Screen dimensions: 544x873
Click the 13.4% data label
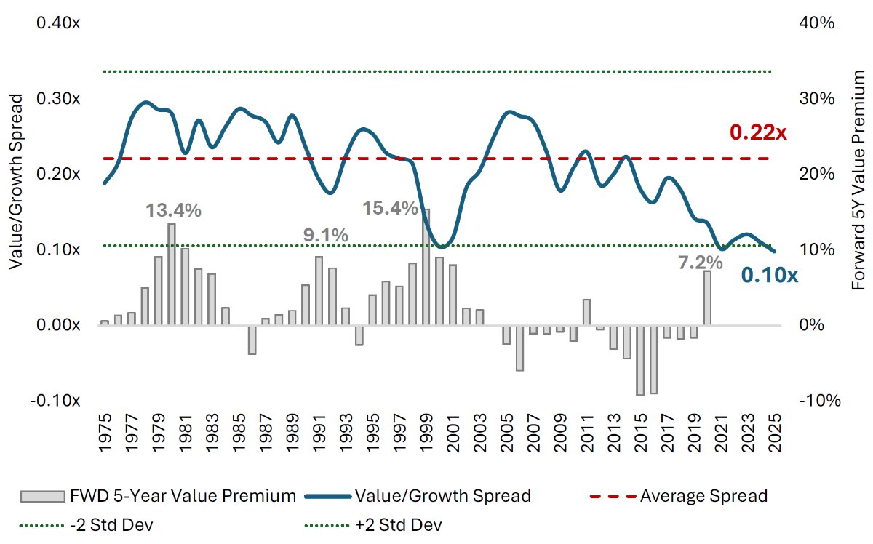173,211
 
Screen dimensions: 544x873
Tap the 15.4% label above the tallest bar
390,209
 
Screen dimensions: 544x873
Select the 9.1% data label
325,236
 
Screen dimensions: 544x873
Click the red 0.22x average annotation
758,133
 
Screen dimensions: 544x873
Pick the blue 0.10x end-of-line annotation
770,276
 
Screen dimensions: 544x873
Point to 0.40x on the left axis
58,23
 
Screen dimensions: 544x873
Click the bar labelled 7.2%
706,297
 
